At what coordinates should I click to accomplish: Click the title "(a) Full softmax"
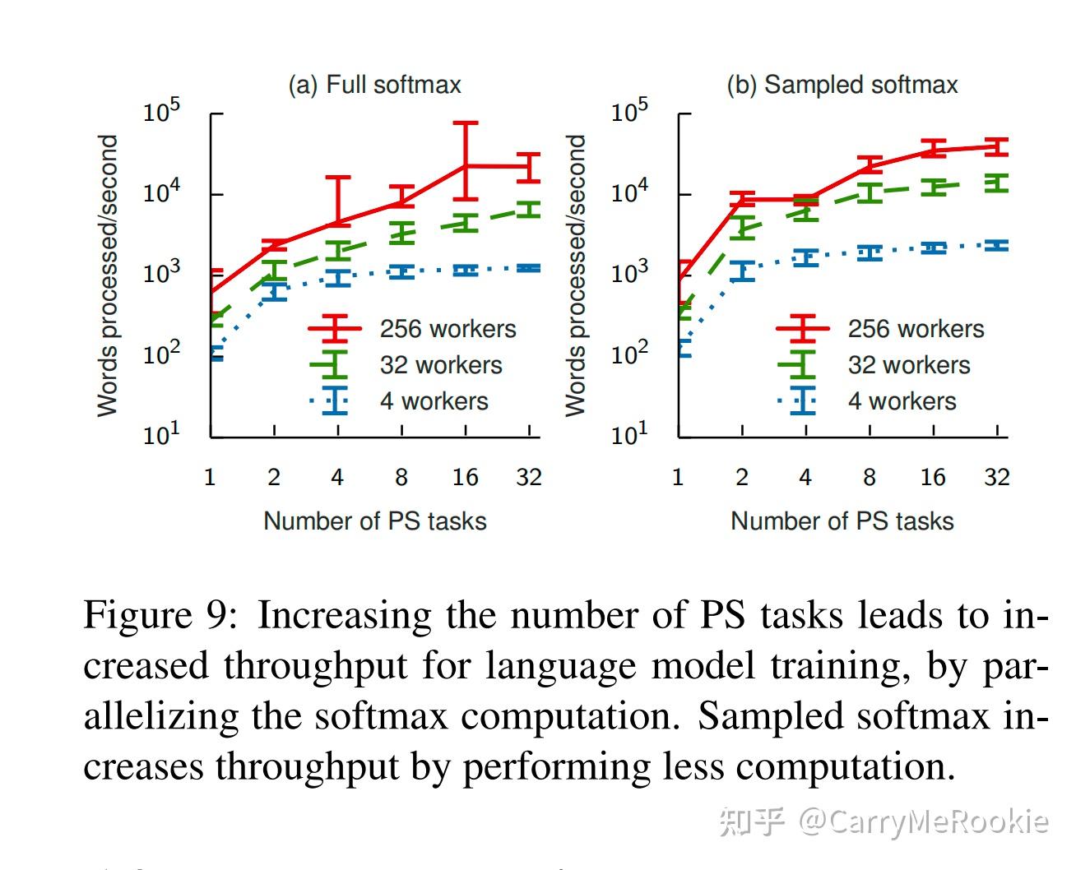374,85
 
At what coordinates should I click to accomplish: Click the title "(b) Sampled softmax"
842,85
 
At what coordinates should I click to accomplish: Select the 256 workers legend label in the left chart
448,329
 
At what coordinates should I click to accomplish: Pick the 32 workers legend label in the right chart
909,365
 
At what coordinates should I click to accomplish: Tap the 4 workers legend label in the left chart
434,401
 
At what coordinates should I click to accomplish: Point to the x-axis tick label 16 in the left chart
465,477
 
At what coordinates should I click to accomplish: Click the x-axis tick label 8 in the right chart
869,477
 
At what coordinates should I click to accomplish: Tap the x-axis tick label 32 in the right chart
996,477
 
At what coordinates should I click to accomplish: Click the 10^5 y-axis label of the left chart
161,110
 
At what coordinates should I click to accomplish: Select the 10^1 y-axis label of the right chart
629,433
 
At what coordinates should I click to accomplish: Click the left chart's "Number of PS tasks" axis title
374,521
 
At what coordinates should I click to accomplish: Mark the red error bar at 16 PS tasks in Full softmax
466,161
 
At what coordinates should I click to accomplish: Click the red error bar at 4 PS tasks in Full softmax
338,200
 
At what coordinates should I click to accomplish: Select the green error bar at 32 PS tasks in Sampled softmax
997,183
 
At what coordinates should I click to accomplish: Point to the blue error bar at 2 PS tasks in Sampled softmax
742,271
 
